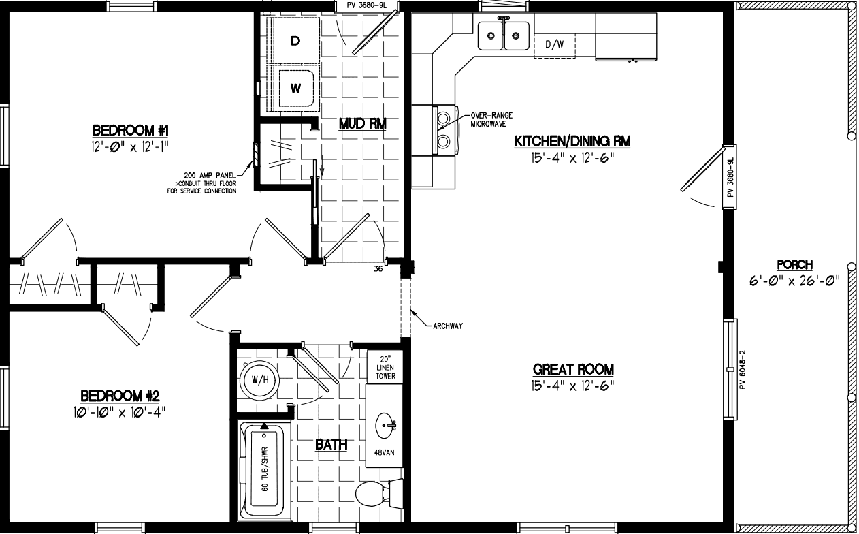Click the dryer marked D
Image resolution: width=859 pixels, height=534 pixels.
coord(295,41)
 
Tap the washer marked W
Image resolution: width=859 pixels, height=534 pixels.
coord(295,88)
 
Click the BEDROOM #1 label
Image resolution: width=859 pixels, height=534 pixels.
coord(125,130)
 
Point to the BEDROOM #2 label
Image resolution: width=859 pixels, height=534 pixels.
coord(120,396)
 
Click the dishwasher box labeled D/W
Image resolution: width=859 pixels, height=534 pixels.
coord(555,45)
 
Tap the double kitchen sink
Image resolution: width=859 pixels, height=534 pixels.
coord(504,35)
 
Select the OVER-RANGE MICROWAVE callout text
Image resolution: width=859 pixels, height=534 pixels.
coord(491,120)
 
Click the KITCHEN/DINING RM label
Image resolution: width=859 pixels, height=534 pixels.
coord(572,142)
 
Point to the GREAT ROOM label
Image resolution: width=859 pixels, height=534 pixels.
coord(573,369)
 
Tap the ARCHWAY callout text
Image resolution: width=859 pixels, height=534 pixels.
coord(448,326)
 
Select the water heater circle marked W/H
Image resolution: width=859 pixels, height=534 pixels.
coord(258,379)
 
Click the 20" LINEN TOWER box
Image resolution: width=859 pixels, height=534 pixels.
coord(380,368)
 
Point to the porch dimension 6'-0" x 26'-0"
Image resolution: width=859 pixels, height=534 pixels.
coord(794,278)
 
